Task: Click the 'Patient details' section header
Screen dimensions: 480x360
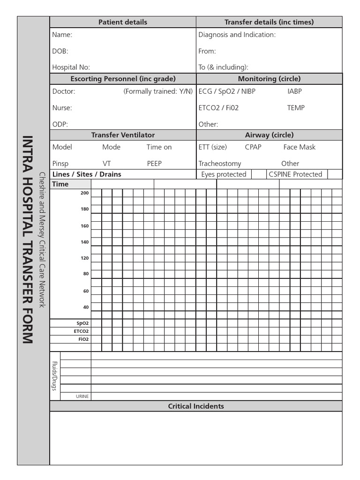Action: (x=123, y=22)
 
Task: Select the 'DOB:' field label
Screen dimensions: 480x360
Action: (x=60, y=51)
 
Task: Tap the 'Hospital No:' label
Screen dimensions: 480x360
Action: (x=71, y=67)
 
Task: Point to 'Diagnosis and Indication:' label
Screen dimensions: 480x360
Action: (x=237, y=35)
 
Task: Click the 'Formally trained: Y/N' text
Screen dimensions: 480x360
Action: (x=158, y=91)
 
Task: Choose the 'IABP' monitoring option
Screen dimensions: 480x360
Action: (x=294, y=91)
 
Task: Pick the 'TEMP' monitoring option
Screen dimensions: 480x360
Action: (x=296, y=108)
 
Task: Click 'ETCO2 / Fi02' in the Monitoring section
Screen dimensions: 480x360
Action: (x=218, y=108)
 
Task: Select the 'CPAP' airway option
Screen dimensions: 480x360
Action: (x=253, y=147)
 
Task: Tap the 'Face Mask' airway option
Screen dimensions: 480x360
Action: (x=299, y=147)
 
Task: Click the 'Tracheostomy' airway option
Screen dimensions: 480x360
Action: (x=219, y=164)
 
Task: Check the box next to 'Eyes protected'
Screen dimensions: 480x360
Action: (x=258, y=174)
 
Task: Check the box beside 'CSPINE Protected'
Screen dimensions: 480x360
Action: (x=334, y=174)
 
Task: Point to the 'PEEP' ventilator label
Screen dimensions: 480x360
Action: (x=154, y=164)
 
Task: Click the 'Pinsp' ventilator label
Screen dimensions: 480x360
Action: (x=60, y=164)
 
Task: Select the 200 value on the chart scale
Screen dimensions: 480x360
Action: (x=84, y=193)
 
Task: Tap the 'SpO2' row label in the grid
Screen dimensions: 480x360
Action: (x=82, y=323)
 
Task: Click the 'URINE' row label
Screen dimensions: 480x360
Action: (x=82, y=397)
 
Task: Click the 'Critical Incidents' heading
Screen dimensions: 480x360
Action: (x=196, y=406)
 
